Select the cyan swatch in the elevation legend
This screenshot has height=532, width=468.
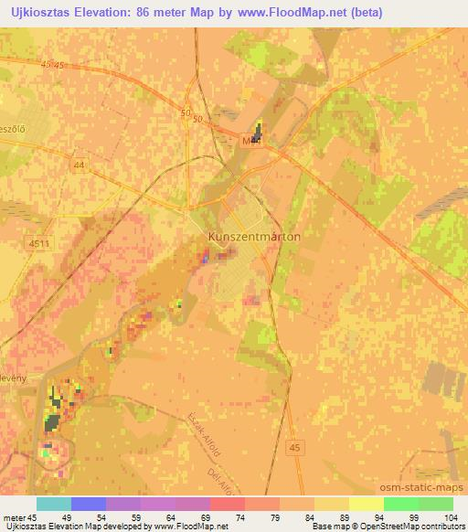point(53,504)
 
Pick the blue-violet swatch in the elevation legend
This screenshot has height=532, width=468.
point(89,504)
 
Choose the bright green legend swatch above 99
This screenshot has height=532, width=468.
point(400,504)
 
